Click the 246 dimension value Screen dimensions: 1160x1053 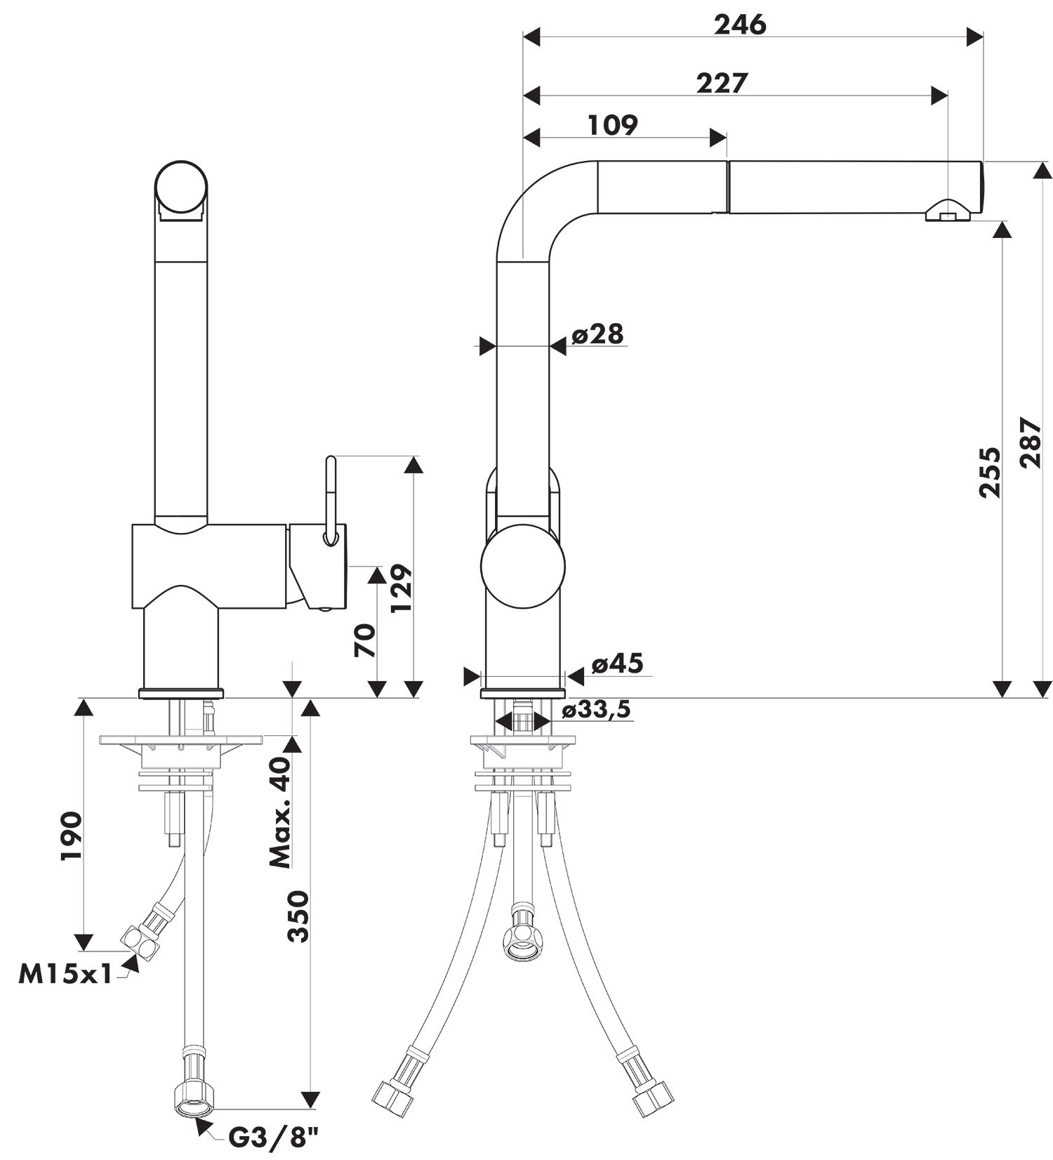click(740, 25)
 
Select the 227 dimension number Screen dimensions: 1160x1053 click(722, 83)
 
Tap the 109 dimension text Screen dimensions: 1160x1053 click(612, 125)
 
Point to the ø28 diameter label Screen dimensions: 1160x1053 click(597, 334)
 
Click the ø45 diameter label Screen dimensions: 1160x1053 click(617, 664)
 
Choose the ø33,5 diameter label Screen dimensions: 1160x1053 click(596, 710)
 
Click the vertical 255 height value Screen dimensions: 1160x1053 click(991, 473)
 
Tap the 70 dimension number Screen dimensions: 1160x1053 click(365, 640)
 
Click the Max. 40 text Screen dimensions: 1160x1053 click(280, 812)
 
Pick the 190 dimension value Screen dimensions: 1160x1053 click(72, 836)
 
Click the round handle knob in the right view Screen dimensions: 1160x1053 click(523, 565)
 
